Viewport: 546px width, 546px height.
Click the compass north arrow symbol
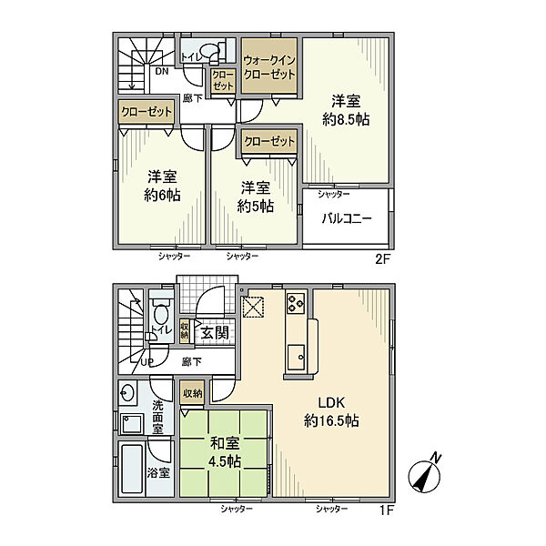(x=425, y=474)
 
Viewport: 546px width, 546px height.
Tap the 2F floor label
(x=383, y=259)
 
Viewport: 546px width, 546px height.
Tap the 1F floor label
(x=386, y=511)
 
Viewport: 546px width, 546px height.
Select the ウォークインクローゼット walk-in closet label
(x=269, y=67)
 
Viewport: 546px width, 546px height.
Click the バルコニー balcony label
(x=346, y=218)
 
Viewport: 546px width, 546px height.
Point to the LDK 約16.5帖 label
(x=331, y=411)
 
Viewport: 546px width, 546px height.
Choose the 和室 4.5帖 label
(x=225, y=452)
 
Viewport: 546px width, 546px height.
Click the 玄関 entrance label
(x=215, y=333)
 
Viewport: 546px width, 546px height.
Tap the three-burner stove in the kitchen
(x=296, y=302)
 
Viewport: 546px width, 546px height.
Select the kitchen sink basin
(x=296, y=358)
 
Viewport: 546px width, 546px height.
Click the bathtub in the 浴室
(x=132, y=469)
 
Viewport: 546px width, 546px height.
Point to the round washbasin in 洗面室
(x=126, y=393)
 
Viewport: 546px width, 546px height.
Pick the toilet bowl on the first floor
(x=161, y=315)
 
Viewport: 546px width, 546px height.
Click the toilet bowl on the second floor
(x=208, y=51)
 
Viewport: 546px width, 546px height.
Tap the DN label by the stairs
(x=162, y=71)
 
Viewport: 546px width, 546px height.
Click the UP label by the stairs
(x=147, y=362)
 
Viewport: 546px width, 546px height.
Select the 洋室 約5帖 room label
(x=255, y=197)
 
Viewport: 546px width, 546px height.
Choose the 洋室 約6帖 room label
(x=162, y=186)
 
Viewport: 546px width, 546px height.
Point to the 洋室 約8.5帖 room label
(x=346, y=110)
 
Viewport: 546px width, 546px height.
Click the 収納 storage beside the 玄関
(x=185, y=331)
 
